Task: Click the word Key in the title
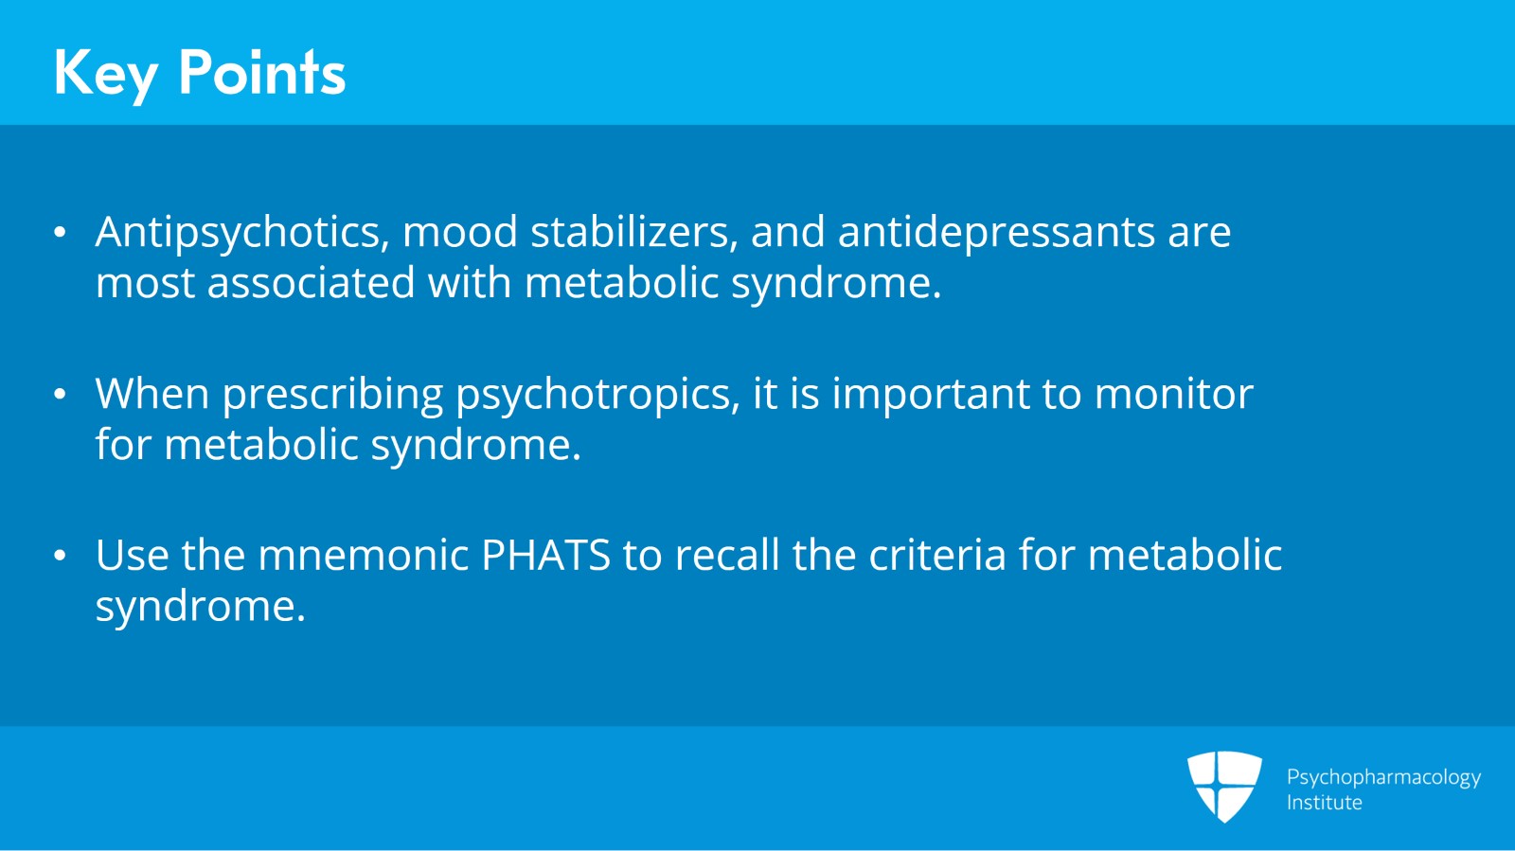click(x=104, y=74)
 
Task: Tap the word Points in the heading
click(x=261, y=72)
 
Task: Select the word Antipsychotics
click(x=242, y=233)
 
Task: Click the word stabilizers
click(x=633, y=233)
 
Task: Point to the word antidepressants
click(x=996, y=233)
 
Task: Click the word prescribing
click(x=332, y=395)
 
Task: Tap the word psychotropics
click(x=597, y=395)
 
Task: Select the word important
click(x=931, y=394)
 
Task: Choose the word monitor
click(x=1173, y=394)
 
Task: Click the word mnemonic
click(x=363, y=556)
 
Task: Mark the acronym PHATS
click(x=545, y=556)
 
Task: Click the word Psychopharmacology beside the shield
click(x=1383, y=778)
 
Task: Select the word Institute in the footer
click(x=1324, y=803)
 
